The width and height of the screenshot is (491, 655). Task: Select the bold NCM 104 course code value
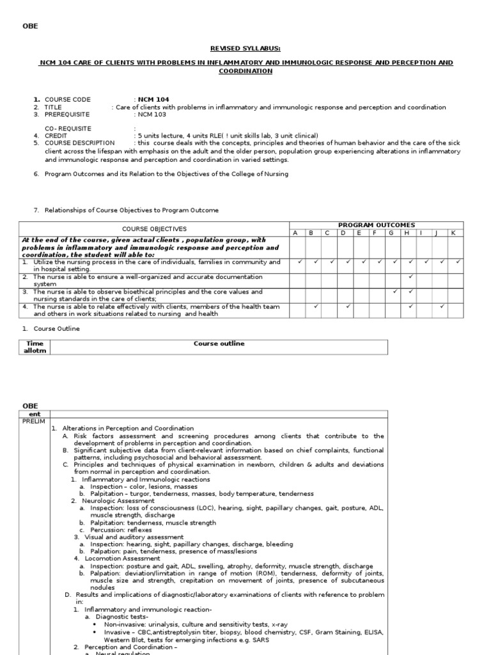tap(153, 100)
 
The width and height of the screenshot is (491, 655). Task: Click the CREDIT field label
tap(56, 136)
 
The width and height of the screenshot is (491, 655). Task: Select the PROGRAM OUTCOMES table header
tap(376, 225)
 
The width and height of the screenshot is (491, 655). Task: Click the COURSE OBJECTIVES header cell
tap(154, 228)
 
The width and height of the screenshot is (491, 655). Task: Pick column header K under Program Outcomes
tap(453, 233)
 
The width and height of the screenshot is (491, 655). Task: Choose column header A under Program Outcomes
tap(296, 233)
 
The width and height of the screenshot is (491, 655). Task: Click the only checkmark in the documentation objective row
tap(411, 276)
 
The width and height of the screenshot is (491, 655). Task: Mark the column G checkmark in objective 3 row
tap(395, 291)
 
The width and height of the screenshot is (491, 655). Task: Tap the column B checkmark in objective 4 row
tap(316, 306)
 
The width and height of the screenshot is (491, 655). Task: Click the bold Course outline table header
tap(219, 343)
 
